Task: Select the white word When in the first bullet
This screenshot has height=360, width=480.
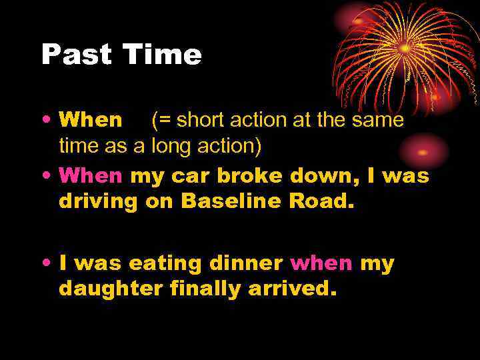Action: pos(91,120)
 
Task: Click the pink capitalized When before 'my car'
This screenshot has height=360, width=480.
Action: pos(91,177)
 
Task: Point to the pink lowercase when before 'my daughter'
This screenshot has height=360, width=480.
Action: pos(322,263)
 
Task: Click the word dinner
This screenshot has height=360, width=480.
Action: pos(246,263)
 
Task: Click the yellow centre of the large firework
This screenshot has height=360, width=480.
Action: pos(405,49)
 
